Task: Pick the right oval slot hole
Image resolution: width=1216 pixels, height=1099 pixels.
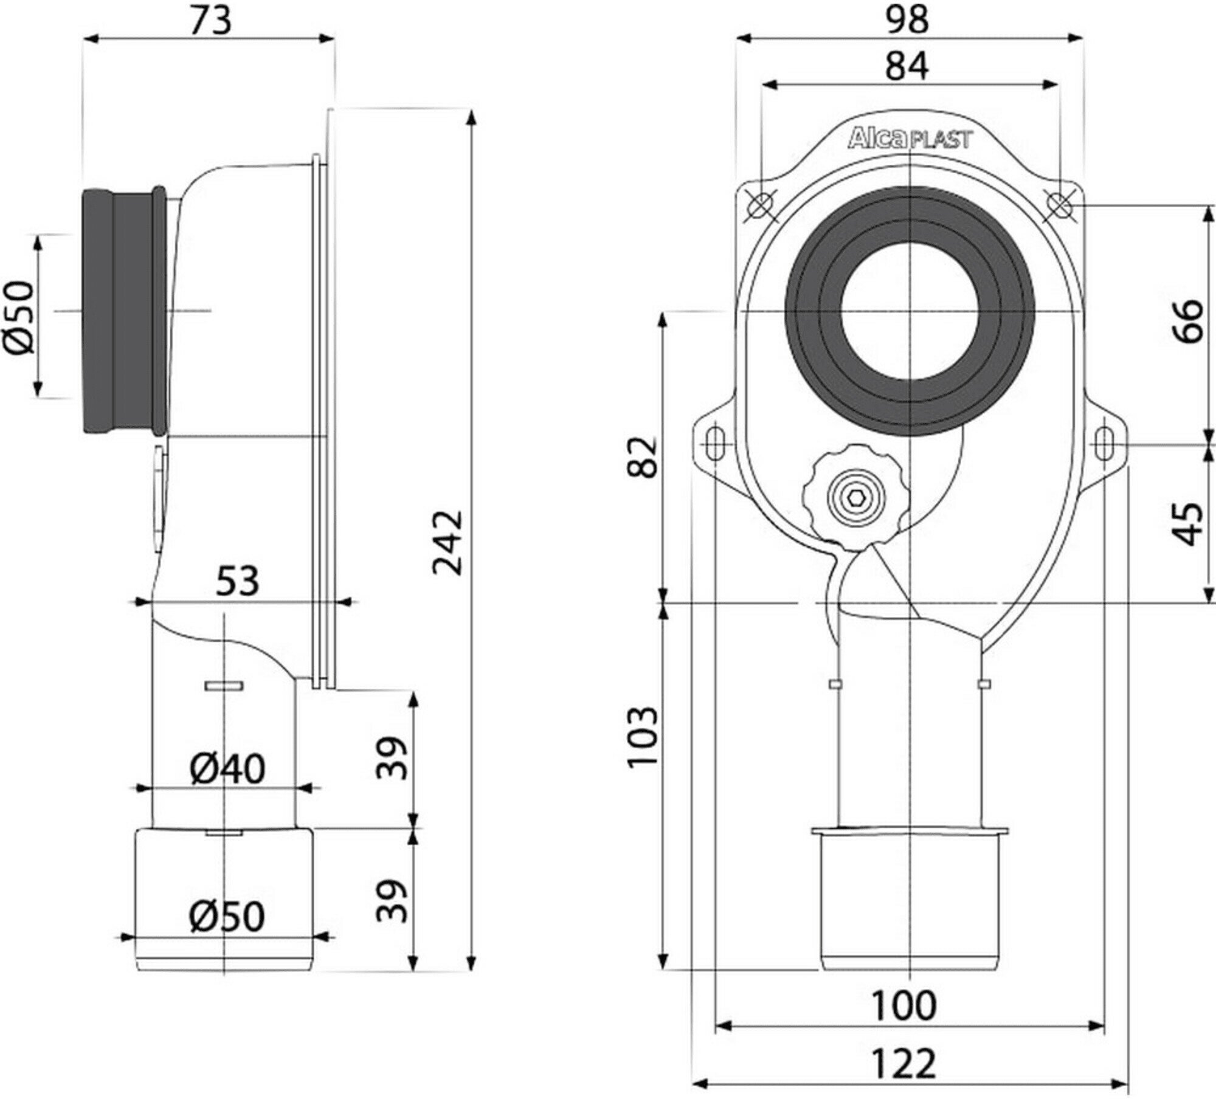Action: point(1104,444)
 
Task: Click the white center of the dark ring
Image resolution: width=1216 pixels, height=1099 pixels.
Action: point(910,311)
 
